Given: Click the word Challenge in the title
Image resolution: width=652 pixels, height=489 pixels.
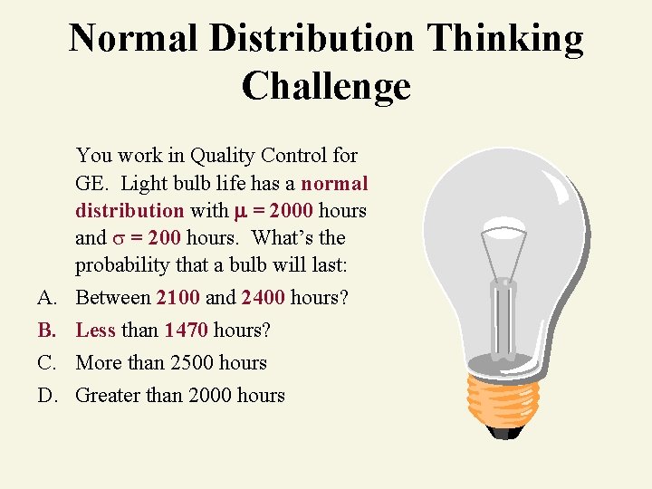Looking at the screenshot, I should point(326,86).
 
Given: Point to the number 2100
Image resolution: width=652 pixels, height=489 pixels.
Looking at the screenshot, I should point(177,297).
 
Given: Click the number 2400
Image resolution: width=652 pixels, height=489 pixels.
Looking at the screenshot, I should point(264,297).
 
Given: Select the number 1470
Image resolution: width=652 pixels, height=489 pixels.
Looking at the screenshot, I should point(186,330).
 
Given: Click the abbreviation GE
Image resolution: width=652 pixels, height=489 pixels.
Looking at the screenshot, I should point(92,183).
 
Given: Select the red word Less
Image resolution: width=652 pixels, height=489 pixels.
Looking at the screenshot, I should point(96,330).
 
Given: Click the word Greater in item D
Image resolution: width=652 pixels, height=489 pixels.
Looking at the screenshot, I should point(109,395).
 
